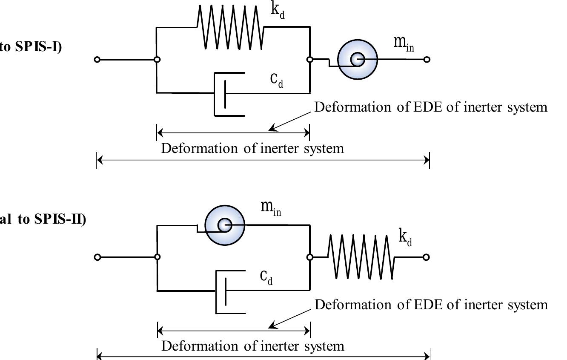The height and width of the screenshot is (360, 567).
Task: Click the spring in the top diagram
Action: pos(230,27)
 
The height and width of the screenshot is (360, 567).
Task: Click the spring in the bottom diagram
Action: pos(361,257)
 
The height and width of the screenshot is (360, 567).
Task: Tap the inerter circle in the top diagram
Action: pos(358,59)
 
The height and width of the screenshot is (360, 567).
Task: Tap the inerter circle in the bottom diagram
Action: pos(225,225)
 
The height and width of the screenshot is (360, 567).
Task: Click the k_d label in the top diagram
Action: pos(278,11)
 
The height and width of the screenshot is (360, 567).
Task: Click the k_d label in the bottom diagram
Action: pos(405,236)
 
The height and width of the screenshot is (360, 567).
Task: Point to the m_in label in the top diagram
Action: pos(403,43)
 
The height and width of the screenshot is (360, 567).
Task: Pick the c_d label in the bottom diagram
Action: pos(266,277)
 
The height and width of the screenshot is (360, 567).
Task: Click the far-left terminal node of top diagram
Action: pos(97,60)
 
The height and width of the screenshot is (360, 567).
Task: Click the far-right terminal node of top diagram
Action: pos(427,60)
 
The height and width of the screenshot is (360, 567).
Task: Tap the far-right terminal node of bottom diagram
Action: pos(427,257)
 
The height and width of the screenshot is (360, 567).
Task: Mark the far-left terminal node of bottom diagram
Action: pos(97,257)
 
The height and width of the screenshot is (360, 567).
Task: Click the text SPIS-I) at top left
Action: pos(38,46)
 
